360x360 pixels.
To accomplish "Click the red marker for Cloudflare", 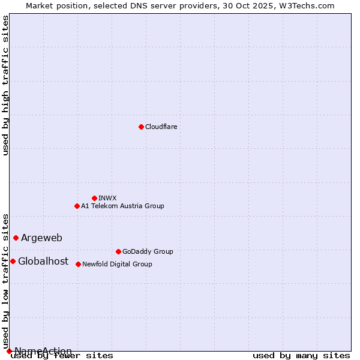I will pos(141,127).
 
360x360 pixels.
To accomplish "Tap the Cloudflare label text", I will pos(161,127).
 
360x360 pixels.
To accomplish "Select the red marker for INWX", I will pos(94,198).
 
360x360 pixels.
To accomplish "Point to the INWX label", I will pos(107,198).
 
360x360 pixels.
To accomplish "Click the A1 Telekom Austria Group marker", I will pos(77,206).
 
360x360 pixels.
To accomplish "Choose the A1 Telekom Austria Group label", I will pos(122,206).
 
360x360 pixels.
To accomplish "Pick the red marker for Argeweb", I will pos(16,238).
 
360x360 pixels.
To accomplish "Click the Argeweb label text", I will pos(41,238).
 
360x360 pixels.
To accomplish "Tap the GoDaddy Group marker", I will pos(118,251).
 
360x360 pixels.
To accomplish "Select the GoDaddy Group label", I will pos(148,252).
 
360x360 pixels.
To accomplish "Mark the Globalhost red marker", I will pos(13,261).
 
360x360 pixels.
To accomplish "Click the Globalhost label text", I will pos(43,262).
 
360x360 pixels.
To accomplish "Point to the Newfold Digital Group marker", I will pos(78,264).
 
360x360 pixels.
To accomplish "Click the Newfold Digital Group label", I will pos(117,264).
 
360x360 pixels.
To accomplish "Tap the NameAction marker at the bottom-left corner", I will pos(9,351).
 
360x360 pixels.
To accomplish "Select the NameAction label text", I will pos(43,351).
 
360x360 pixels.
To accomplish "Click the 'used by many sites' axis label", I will pos(301,356).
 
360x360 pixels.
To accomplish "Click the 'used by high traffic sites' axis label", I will pos(6,85).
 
